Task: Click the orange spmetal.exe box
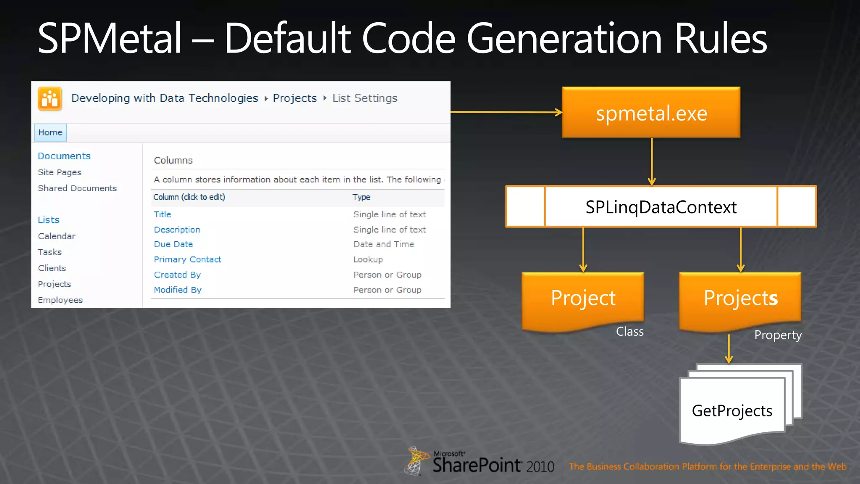tap(651, 113)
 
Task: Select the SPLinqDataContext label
tap(661, 207)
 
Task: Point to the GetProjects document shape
tap(732, 410)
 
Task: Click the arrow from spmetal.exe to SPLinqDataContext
tap(652, 162)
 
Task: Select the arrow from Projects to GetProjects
tap(729, 349)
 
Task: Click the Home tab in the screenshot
tap(50, 133)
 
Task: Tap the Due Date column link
tap(173, 244)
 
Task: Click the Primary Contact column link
tap(187, 260)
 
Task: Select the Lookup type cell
tap(368, 260)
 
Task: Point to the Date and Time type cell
tap(383, 244)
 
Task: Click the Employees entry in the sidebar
tap(60, 300)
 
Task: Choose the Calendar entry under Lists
tap(57, 236)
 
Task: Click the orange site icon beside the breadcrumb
tap(50, 99)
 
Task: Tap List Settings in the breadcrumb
tap(364, 98)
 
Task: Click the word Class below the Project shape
tap(629, 331)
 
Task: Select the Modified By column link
tap(178, 290)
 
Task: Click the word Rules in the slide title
tap(721, 39)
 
